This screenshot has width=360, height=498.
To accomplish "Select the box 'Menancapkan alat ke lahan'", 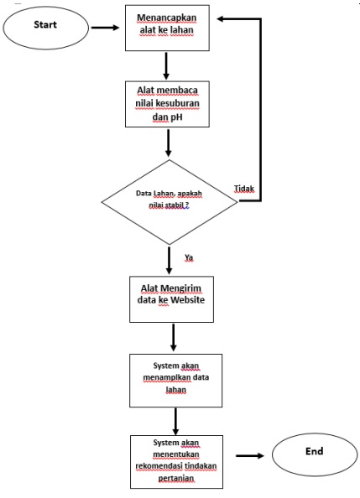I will click(168, 26).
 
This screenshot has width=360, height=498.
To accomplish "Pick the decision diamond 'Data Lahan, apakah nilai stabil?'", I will click(169, 201).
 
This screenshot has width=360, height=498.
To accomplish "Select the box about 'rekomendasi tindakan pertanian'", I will click(175, 460).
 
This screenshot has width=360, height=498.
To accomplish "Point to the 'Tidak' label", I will click(244, 188).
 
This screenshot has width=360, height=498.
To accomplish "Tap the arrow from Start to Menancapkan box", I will click(104, 26).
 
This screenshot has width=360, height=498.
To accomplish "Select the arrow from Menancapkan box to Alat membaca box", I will click(168, 65).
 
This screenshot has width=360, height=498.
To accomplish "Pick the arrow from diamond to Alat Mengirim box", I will click(169, 259).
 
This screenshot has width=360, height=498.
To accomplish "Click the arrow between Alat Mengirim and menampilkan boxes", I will click(173, 338).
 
